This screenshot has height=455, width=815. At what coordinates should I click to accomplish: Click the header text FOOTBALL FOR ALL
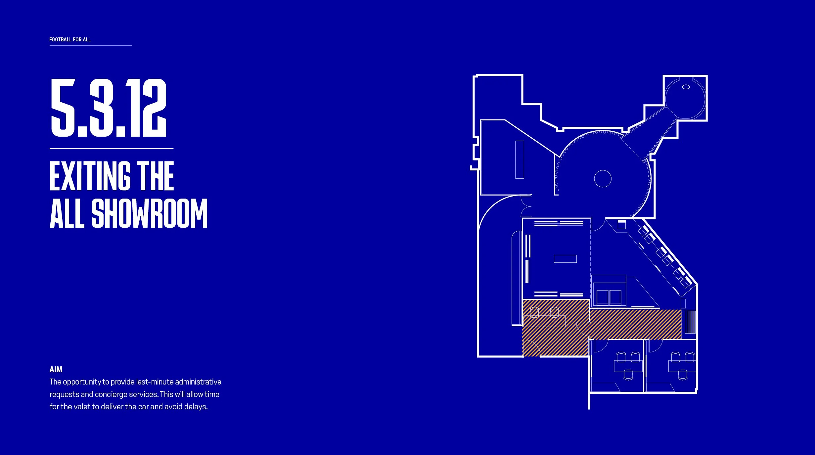(x=70, y=39)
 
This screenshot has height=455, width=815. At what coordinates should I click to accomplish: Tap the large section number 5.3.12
(x=109, y=108)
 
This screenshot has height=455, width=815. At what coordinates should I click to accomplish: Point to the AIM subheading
(x=56, y=369)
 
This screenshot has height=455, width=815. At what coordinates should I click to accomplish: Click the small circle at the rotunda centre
(x=603, y=179)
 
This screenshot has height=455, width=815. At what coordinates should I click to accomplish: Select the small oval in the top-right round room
(x=686, y=87)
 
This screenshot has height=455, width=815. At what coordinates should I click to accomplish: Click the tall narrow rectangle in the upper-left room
(x=520, y=159)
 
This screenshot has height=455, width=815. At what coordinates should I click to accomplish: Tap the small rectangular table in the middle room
(x=565, y=258)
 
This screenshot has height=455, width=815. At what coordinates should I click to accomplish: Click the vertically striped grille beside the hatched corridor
(x=690, y=322)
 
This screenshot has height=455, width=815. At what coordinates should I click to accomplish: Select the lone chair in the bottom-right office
(x=682, y=375)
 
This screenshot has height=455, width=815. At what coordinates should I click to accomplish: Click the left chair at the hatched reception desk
(x=534, y=312)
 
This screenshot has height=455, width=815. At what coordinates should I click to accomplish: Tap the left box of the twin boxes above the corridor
(x=602, y=297)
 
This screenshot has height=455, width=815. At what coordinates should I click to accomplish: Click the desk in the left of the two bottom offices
(x=628, y=366)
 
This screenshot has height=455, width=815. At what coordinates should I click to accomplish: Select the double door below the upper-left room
(x=526, y=206)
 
